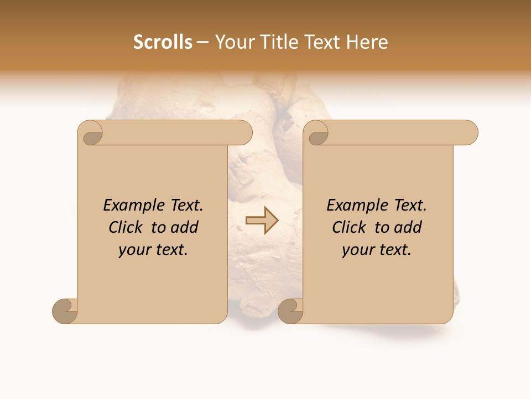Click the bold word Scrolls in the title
(163, 42)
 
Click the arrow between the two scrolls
(262, 221)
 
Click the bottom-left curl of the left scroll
(65, 311)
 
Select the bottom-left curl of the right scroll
(290, 311)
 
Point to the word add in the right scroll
(409, 228)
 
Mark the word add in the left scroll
(185, 228)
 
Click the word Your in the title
(232, 42)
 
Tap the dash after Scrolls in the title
(203, 43)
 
